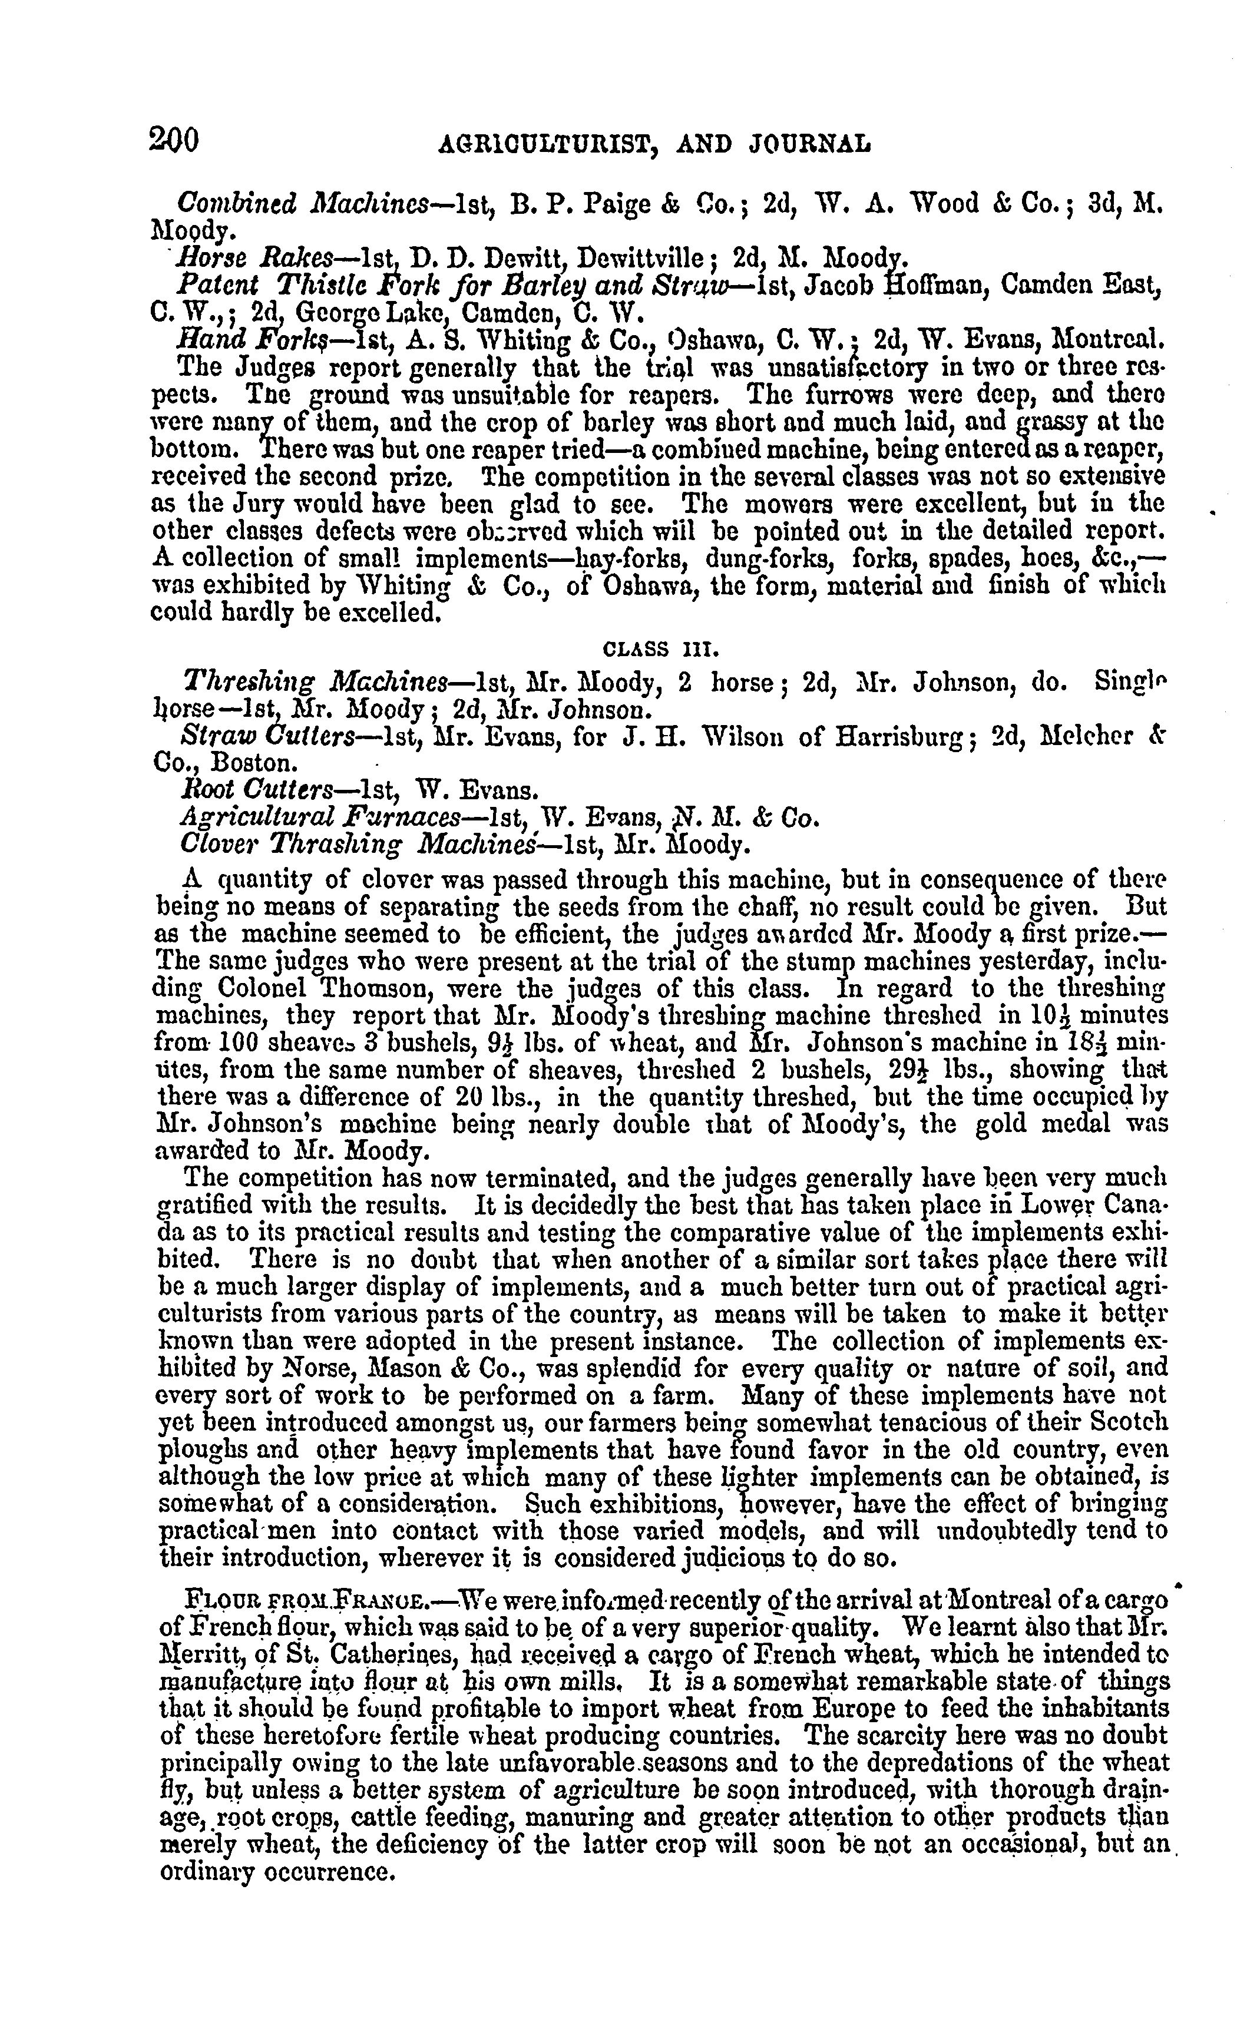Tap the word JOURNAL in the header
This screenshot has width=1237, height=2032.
click(x=810, y=144)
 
